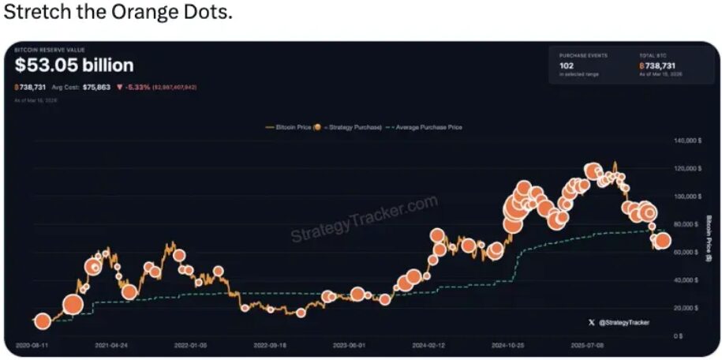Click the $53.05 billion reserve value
coord(74,66)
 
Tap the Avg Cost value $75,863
coord(96,87)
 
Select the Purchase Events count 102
coord(567,66)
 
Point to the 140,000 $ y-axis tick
coord(687,141)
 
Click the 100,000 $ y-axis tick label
coord(687,196)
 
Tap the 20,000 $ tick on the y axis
coord(688,308)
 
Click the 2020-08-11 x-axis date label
coord(32,346)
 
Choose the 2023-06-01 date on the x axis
coord(350,346)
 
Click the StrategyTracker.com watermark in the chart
coord(364,219)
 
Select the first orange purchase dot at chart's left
coord(42,321)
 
